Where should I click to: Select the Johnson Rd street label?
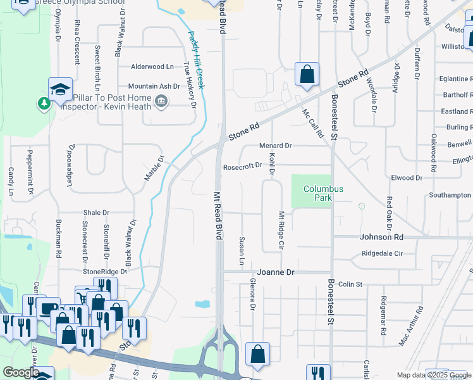381,237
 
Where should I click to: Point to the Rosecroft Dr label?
242,166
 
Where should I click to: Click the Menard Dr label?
275,146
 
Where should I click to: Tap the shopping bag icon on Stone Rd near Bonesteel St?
307,75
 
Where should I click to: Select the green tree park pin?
44,103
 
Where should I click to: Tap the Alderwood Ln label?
152,66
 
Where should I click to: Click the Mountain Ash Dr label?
154,86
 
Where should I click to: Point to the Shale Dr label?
96,213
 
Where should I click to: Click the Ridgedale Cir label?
381,253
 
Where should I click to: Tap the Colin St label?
349,285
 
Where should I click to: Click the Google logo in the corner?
20,372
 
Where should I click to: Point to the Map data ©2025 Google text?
434,375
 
